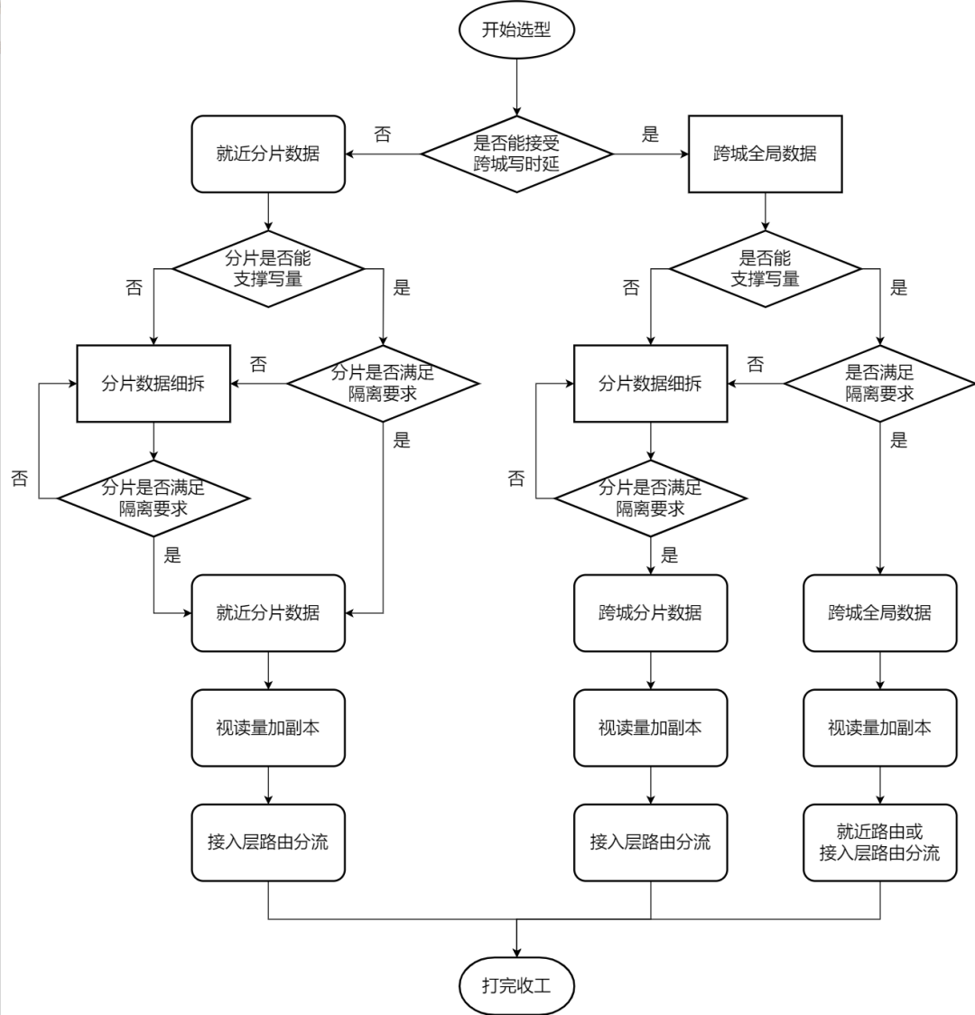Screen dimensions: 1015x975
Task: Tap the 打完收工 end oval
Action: coord(516,984)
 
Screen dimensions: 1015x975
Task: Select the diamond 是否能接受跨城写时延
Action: coord(516,154)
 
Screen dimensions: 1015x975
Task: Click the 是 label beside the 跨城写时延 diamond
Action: coord(650,135)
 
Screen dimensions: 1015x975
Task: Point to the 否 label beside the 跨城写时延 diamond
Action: coord(383,135)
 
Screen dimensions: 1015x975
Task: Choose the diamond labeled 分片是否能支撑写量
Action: coord(268,268)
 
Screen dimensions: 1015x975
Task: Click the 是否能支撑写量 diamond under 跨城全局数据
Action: coord(765,268)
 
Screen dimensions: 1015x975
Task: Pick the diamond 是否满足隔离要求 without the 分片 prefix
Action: coord(879,383)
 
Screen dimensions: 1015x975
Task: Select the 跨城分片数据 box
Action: coord(650,613)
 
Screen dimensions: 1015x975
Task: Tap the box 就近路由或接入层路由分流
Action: coord(879,843)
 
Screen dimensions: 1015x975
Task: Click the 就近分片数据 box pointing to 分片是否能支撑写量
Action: coord(268,154)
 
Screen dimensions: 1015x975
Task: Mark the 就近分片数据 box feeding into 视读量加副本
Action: coord(268,613)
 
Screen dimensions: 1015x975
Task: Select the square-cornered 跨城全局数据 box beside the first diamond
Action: coord(765,154)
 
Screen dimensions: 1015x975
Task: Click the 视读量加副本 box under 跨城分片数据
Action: coord(650,728)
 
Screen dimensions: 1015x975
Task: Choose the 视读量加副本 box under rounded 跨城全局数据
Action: coord(879,728)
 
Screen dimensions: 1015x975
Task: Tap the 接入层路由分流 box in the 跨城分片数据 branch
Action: coord(650,843)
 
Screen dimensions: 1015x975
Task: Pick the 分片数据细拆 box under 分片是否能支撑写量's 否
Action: coord(153,383)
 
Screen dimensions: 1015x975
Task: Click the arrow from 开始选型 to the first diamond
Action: coord(516,87)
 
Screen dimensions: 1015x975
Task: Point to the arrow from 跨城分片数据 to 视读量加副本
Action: coord(650,671)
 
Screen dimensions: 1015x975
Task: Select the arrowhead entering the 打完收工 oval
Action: coord(516,952)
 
